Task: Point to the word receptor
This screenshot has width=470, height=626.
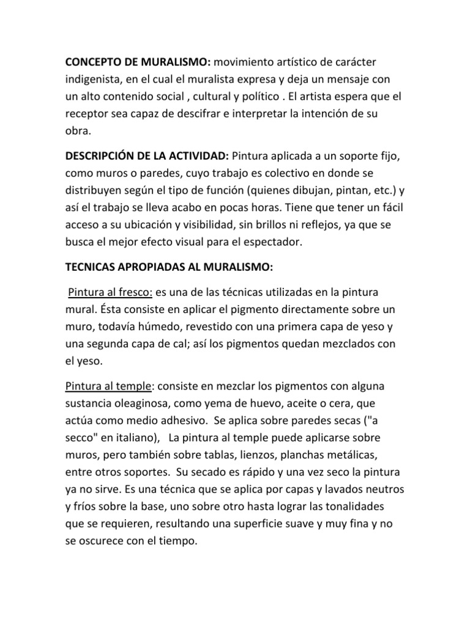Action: pyautogui.click(x=88, y=114)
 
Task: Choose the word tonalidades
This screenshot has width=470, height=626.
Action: pyautogui.click(x=369, y=507)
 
